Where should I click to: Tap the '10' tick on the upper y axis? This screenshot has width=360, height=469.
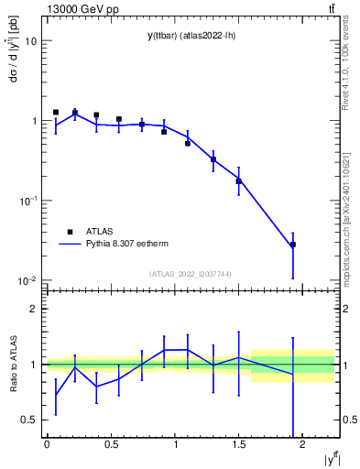point(31,41)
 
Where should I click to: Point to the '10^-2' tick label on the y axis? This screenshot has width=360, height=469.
point(28,280)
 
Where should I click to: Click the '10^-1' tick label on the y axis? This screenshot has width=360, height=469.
point(28,201)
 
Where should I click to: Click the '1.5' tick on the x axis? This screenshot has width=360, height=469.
point(239,444)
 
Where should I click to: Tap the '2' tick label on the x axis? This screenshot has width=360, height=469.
point(303,444)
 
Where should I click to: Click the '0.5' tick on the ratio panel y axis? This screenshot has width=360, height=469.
point(29,420)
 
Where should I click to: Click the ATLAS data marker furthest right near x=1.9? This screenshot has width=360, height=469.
point(293,245)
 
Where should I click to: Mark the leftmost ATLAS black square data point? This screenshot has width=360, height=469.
point(56,112)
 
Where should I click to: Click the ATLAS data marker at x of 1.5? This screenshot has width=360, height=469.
point(238,181)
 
